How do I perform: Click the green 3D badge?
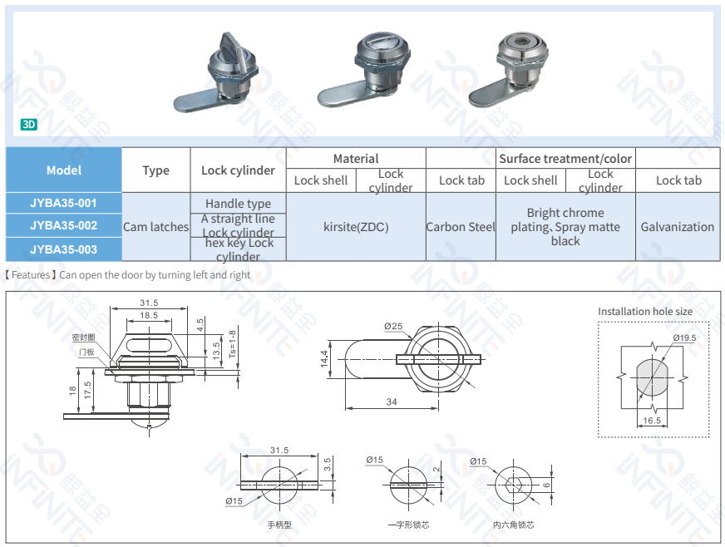29,126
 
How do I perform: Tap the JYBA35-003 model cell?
64,249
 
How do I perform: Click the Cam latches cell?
155,227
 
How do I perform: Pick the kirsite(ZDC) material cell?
355,227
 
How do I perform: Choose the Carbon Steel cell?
461,227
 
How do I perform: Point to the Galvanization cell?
677,227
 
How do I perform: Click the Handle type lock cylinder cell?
238,204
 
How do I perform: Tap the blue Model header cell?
64,170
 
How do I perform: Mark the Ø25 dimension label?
393,327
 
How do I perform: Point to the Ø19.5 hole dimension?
684,338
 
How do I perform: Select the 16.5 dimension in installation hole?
653,421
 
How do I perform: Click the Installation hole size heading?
645,312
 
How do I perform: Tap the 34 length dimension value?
391,402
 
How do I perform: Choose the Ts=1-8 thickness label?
232,343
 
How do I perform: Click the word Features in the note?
31,275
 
